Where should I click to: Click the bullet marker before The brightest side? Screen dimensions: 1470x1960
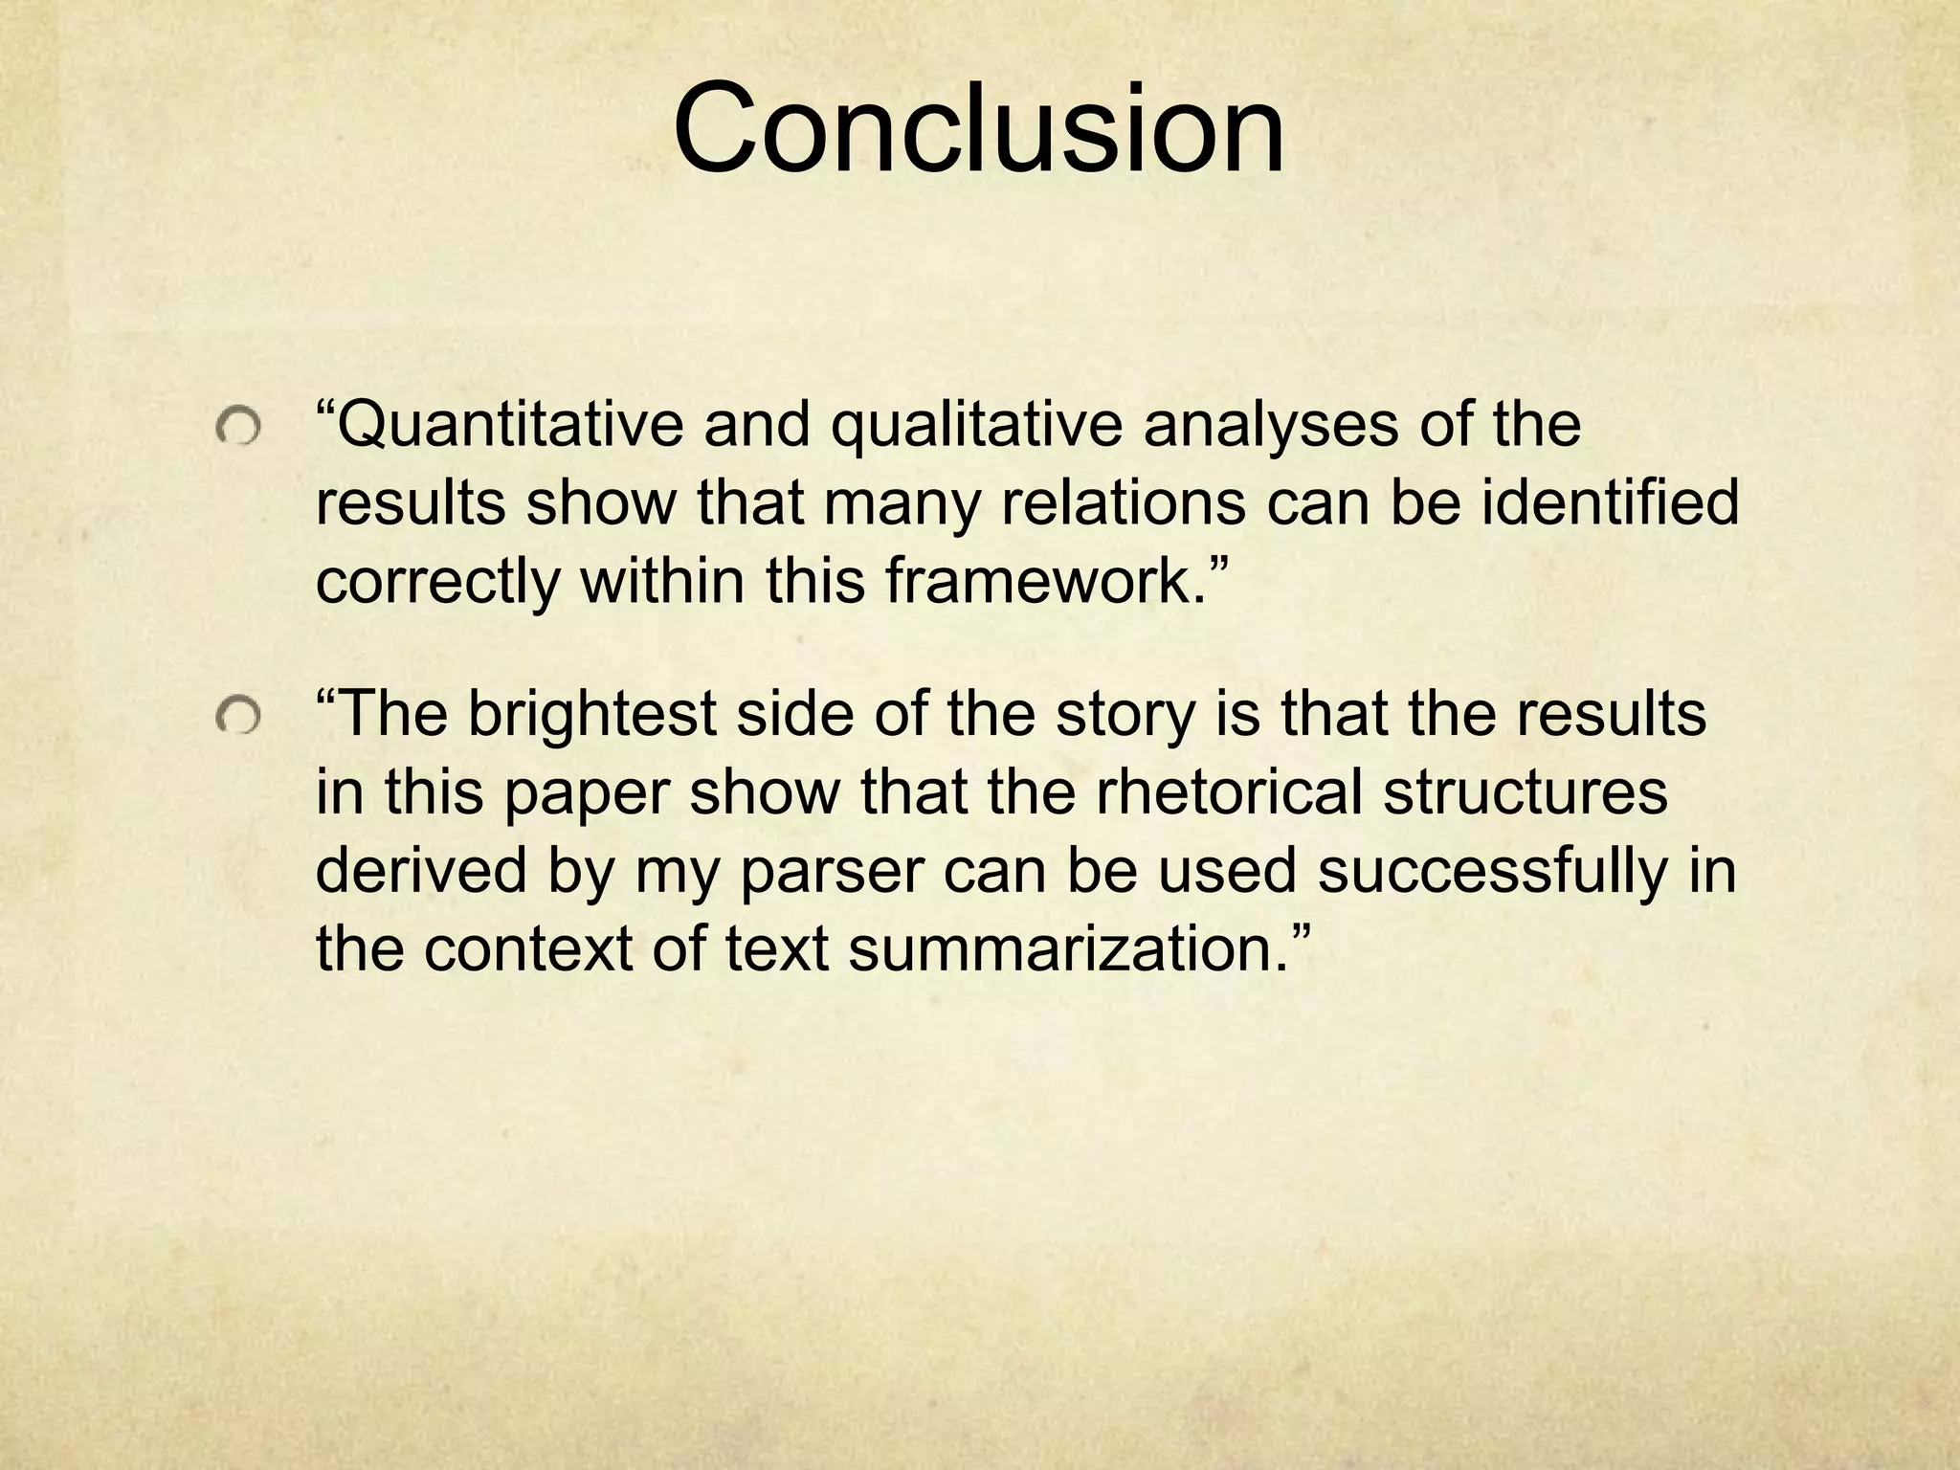click(x=236, y=718)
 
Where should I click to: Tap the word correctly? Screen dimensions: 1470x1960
click(x=436, y=581)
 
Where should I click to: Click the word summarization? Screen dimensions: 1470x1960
click(x=1068, y=949)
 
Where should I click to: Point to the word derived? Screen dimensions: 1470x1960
click(x=420, y=871)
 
